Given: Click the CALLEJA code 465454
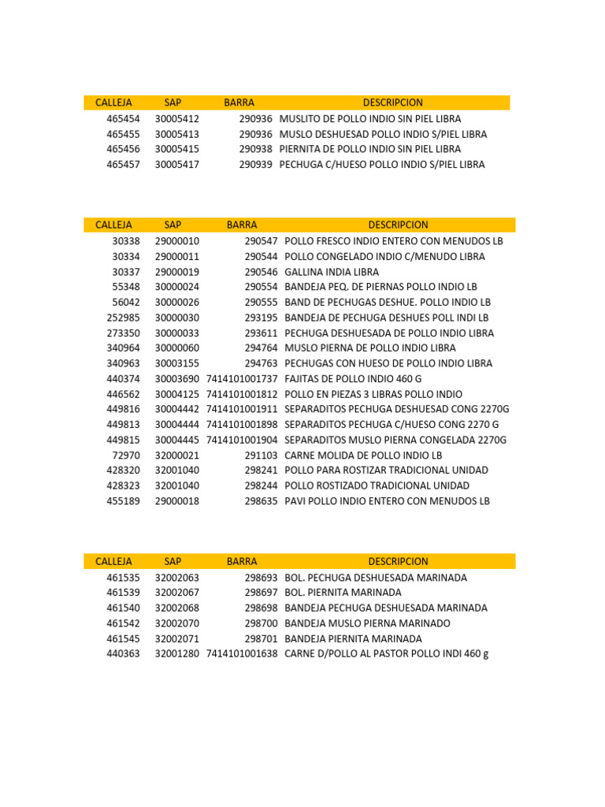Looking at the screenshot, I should [123, 118].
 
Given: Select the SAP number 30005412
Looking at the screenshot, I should [177, 118].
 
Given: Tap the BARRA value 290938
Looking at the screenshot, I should [256, 149].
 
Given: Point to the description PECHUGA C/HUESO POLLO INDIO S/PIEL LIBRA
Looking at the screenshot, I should [382, 165].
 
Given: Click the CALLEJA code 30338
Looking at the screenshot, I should [126, 241].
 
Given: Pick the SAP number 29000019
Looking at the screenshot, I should [177, 272].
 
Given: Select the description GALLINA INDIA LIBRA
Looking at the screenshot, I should [332, 272].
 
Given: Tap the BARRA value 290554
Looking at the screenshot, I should [261, 287].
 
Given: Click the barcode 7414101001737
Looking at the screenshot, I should [242, 378].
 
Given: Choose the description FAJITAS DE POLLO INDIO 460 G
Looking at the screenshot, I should [353, 378].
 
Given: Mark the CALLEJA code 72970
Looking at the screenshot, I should [126, 456].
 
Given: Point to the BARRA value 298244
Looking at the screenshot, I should [261, 485].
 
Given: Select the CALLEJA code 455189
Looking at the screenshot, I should [123, 501].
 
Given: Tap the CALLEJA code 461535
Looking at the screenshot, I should [123, 578].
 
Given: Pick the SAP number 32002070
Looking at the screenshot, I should [177, 623].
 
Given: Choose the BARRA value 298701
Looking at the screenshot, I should [261, 638].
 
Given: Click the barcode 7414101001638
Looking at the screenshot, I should [242, 654].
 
